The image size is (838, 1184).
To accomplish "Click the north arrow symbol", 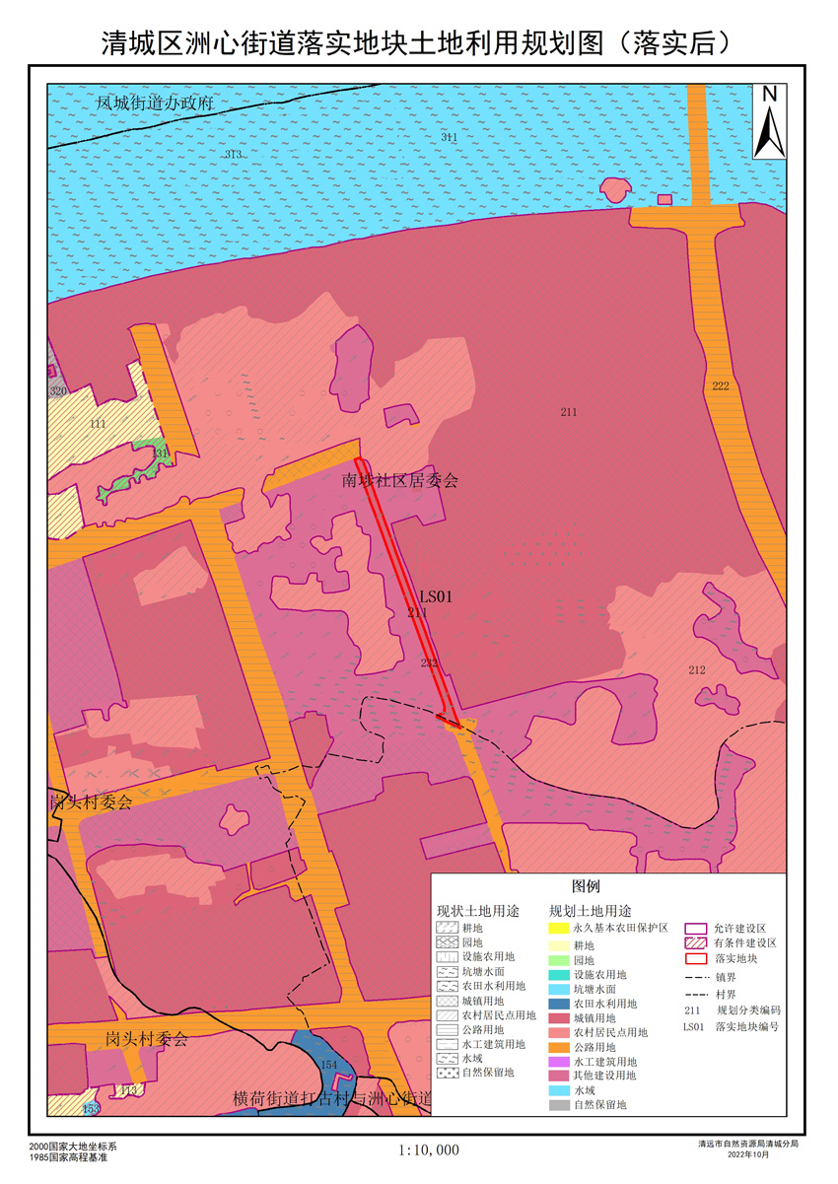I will point(769,120).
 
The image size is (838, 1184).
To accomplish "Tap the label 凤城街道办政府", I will point(155,103).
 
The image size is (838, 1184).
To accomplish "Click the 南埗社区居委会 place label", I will point(399,481).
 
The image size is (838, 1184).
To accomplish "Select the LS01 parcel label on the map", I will point(435,596).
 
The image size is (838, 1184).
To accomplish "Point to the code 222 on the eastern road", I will point(721,385).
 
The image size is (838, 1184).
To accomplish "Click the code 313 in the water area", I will point(233,155).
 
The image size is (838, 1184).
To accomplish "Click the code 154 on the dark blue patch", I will point(329,1065).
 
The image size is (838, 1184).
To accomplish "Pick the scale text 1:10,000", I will point(429,1149).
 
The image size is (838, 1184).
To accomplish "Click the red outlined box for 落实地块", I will point(697,957).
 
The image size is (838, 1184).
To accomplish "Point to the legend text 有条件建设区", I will point(746,943).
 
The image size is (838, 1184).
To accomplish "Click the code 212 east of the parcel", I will point(697,670).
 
